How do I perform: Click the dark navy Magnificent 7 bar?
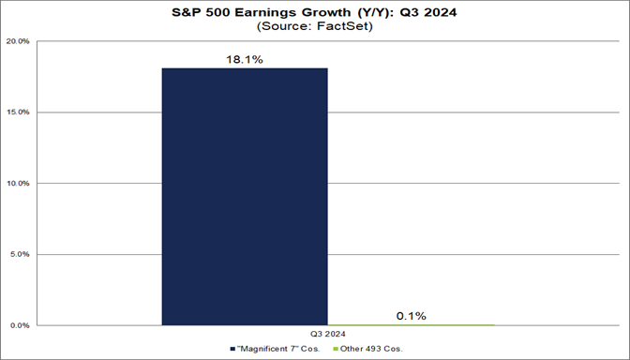click(x=245, y=196)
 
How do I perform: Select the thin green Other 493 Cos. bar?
click(x=411, y=324)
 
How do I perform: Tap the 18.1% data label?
click(x=245, y=58)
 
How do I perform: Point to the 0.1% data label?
click(x=411, y=315)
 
